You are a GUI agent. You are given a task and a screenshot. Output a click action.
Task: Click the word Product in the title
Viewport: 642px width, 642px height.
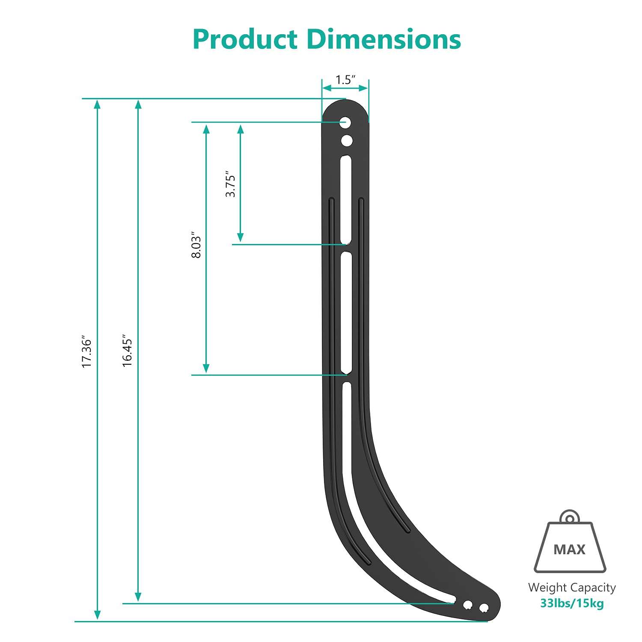(245, 39)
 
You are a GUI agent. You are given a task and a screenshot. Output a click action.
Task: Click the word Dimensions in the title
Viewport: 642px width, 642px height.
(384, 39)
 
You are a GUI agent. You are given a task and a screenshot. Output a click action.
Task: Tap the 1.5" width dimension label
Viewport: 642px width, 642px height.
(345, 80)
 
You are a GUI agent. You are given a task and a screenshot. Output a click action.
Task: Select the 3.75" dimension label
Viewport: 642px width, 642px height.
(231, 185)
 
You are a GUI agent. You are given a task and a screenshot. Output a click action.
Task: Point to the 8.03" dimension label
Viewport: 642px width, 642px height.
(196, 246)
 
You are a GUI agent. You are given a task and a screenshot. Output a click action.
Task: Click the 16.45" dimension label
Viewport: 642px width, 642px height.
(127, 351)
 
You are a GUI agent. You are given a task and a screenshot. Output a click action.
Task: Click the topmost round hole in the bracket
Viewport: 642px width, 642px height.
(345, 123)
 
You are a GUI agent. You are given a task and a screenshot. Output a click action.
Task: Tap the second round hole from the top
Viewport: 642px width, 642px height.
(347, 140)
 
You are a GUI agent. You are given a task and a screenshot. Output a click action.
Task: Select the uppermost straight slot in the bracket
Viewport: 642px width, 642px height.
(346, 199)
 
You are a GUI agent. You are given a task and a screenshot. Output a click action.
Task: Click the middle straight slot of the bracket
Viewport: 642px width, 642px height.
(346, 312)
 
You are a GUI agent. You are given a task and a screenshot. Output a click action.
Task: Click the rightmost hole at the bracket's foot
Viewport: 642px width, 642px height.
(484, 608)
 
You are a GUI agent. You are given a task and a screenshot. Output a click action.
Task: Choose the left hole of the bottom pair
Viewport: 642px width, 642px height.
(468, 604)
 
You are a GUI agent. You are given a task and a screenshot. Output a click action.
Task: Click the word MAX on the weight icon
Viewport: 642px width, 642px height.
(569, 550)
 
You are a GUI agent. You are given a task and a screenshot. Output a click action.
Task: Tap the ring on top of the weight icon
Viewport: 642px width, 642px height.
(570, 518)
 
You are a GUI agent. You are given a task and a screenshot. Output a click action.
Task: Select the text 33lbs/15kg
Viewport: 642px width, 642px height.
(572, 603)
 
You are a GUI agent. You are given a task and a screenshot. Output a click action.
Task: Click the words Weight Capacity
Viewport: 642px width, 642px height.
(572, 588)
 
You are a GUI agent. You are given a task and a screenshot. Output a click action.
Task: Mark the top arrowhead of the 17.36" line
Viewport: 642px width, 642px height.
(98, 104)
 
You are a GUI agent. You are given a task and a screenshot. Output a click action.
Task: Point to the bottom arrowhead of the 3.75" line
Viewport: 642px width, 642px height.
(241, 238)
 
